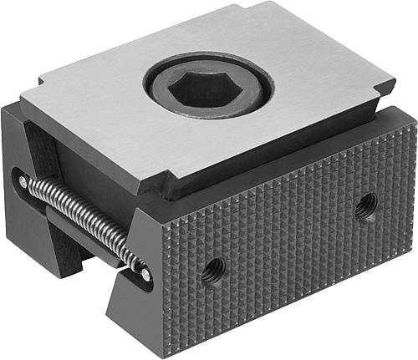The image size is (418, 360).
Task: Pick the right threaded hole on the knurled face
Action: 364,205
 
